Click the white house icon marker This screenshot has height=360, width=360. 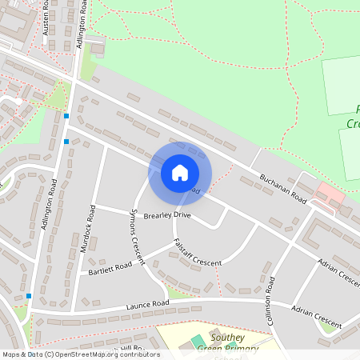point(180,172)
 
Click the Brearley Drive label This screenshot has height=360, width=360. point(166,215)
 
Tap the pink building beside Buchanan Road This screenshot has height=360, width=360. point(330,193)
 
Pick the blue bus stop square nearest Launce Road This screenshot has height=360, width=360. point(29,296)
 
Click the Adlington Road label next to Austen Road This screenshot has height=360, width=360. point(82,30)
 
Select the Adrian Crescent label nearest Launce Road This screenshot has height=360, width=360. point(316,318)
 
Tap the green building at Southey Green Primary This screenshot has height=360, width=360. point(198,342)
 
